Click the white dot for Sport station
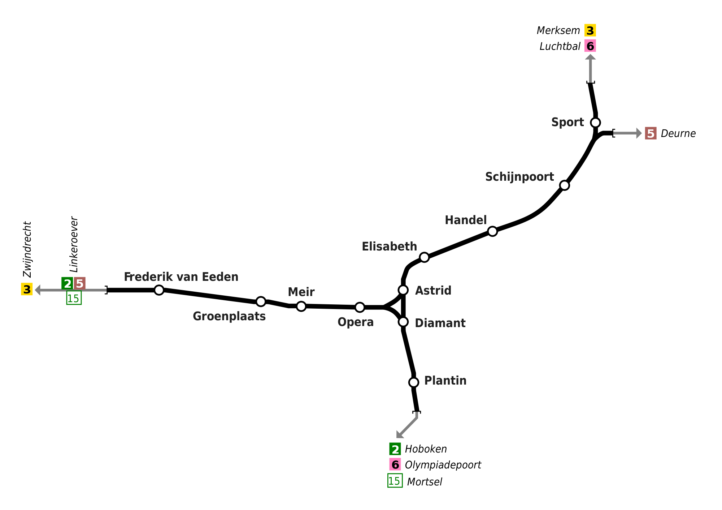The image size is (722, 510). (595, 123)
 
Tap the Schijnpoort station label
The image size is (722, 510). (519, 177)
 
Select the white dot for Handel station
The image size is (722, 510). (492, 231)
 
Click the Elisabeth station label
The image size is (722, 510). (389, 247)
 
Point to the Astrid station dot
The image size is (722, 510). (403, 290)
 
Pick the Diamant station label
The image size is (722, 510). (440, 323)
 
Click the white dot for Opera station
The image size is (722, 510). (360, 307)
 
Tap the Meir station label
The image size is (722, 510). (301, 292)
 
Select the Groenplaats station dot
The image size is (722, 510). (261, 301)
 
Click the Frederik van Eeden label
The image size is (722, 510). (181, 277)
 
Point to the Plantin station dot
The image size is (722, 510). (414, 382)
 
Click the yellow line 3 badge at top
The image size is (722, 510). (590, 30)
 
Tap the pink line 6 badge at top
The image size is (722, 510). (590, 46)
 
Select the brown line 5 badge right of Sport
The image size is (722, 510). (651, 133)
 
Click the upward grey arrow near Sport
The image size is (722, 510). (590, 69)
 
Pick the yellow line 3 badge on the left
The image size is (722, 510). (27, 289)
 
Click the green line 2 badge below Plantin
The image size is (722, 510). (395, 449)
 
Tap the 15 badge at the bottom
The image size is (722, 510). (395, 481)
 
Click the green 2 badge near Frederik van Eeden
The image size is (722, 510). (67, 283)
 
